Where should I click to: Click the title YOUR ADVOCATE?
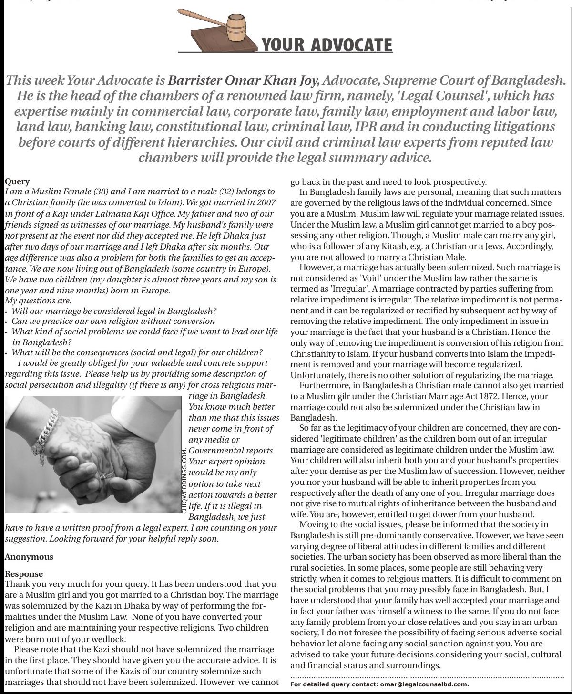pos(327,45)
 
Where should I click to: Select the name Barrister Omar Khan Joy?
pos(244,80)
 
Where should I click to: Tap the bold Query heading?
pos(17,181)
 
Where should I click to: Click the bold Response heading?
pos(23,573)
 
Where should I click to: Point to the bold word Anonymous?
pos(29,556)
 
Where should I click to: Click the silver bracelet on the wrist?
pos(45,431)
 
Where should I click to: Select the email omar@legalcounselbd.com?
pos(424,684)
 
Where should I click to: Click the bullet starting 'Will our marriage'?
pos(114,311)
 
